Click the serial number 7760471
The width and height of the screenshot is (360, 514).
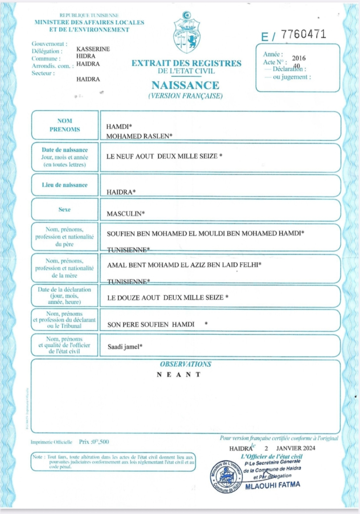[303, 35]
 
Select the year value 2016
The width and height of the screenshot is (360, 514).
[299, 58]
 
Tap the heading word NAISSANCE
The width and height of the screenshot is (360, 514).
[185, 85]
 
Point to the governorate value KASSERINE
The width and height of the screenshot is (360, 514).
[93, 49]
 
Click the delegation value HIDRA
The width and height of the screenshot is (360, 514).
[86, 56]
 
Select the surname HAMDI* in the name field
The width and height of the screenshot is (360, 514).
[119, 126]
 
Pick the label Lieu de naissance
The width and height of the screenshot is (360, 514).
[64, 185]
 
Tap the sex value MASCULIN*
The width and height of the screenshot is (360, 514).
[125, 214]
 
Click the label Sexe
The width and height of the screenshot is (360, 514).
[64, 209]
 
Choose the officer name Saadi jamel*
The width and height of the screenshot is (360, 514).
[125, 347]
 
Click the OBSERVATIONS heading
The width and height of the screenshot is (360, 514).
[185, 364]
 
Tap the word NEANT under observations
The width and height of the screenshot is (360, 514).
[179, 374]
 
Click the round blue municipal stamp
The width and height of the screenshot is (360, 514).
[226, 476]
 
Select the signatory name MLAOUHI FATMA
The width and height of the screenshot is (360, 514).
[273, 486]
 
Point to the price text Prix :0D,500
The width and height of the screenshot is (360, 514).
[94, 442]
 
